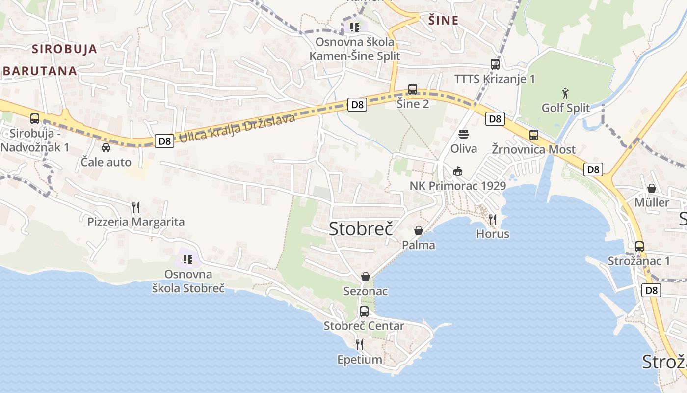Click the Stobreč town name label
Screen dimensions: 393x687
point(361,228)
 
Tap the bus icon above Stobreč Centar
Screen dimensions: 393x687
point(364,311)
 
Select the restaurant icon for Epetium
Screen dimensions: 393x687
point(360,344)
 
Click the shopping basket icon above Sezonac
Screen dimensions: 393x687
point(366,277)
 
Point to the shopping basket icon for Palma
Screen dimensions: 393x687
point(419,230)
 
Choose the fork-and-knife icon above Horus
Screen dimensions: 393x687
point(493,219)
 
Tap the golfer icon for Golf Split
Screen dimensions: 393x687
point(565,92)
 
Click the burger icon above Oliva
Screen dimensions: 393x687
point(464,134)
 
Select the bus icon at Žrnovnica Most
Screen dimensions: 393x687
point(533,135)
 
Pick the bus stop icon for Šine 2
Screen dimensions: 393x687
point(413,89)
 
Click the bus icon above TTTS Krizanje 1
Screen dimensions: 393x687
point(495,64)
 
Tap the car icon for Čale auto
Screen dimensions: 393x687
point(106,147)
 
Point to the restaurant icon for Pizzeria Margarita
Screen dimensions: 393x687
point(136,207)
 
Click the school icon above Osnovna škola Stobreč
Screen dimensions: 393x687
point(188,259)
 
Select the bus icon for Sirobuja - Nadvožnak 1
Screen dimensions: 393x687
point(35,118)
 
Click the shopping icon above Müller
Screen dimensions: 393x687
point(651,188)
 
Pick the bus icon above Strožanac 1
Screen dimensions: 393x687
point(639,246)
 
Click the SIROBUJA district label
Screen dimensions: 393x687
point(65,49)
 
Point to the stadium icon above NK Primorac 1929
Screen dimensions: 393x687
point(457,171)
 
